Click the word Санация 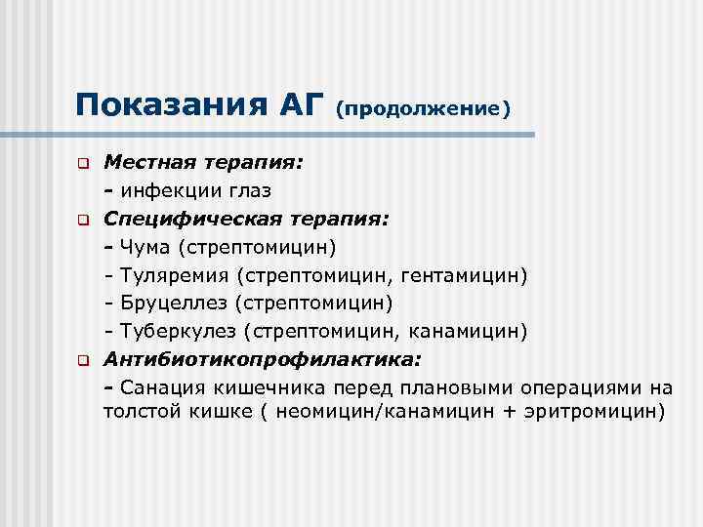158,387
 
